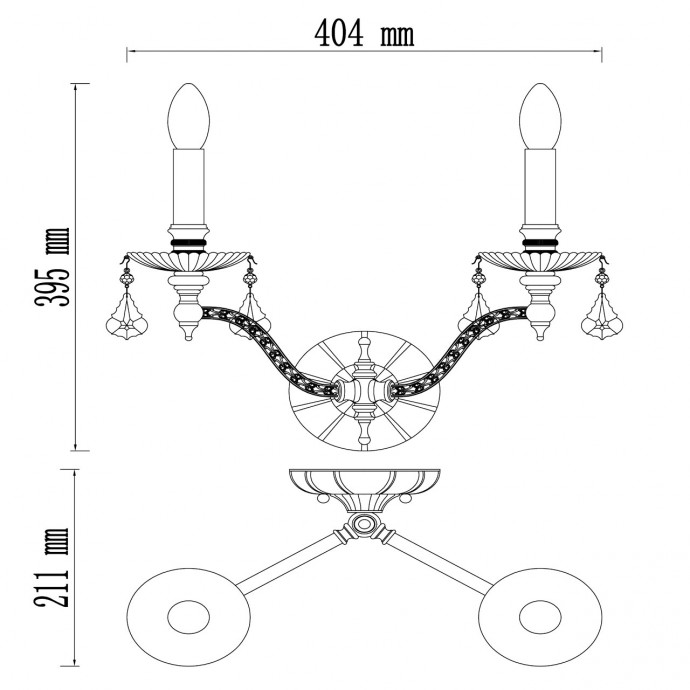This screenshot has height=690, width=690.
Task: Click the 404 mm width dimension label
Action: (364, 33)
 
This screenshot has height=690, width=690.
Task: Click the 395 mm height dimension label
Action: (52, 267)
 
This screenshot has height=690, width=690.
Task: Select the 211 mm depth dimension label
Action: (52, 567)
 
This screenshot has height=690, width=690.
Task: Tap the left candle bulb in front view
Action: (189, 116)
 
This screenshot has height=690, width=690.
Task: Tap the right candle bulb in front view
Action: (540, 116)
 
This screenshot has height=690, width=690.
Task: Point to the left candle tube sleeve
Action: (189, 187)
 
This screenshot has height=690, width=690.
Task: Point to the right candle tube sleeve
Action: (540, 187)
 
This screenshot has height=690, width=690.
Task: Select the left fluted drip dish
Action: (189, 261)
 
